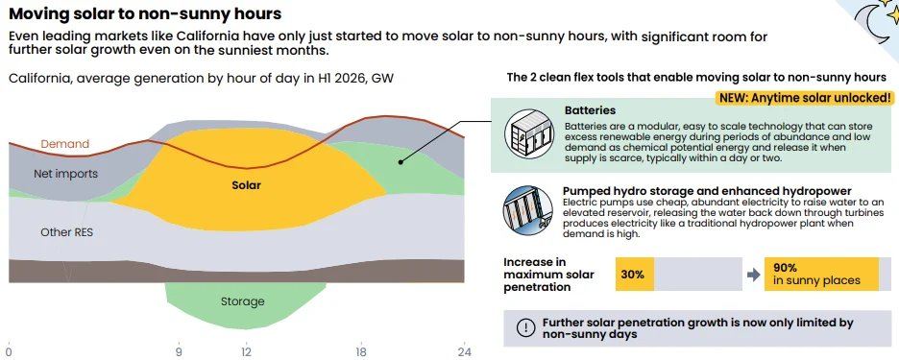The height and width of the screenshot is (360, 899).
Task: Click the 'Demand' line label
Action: [64, 144]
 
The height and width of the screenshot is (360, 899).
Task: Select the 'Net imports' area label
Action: [66, 174]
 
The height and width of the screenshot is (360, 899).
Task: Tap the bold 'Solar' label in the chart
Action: [246, 185]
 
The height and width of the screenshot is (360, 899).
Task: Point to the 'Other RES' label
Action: [66, 232]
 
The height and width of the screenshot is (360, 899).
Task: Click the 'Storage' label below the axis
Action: [243, 300]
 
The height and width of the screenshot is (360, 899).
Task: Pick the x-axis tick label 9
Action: [179, 351]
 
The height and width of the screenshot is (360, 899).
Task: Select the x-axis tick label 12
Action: [246, 351]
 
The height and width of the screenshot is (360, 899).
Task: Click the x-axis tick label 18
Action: [360, 351]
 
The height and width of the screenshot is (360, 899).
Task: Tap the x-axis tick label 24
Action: [464, 351]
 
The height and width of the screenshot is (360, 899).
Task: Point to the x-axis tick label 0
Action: [9, 351]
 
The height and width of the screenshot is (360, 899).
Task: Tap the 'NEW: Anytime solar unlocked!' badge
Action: [804, 98]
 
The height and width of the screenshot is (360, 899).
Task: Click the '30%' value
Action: [632, 274]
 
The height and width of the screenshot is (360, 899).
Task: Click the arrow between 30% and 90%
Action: [753, 275]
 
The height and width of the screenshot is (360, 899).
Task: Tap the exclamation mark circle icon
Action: [525, 327]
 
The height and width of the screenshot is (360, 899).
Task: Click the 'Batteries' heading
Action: [590, 110]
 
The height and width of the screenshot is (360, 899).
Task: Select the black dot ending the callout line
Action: [401, 162]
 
